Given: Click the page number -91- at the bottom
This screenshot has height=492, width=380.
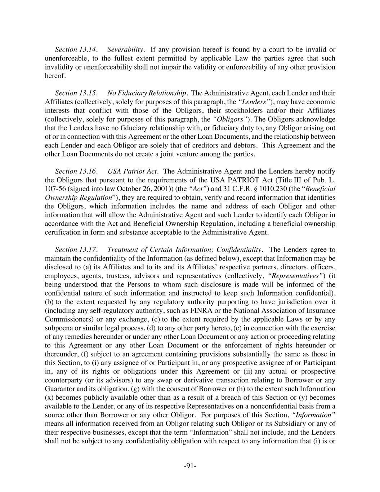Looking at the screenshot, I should click(190, 466).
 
